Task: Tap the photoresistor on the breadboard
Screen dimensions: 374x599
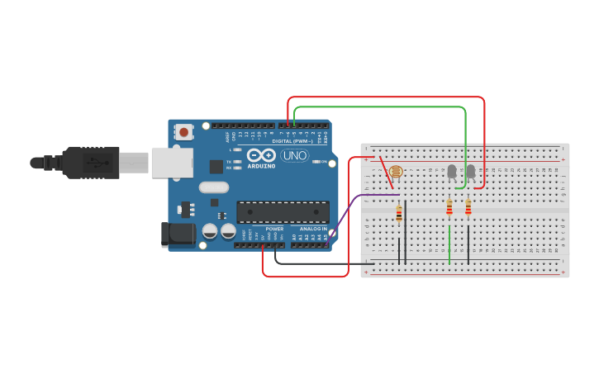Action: click(395, 172)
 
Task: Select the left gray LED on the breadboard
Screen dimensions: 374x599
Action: click(451, 171)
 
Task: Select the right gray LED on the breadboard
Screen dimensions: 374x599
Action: click(470, 171)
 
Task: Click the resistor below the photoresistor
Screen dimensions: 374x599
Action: click(399, 214)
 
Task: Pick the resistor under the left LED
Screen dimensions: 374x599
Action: click(449, 207)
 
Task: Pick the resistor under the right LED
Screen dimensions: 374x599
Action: click(468, 207)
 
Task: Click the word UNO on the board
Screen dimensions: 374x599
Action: click(294, 155)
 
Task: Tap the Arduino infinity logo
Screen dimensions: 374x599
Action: click(259, 155)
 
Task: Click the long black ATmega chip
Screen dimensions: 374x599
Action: click(283, 212)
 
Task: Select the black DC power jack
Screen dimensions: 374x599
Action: click(178, 234)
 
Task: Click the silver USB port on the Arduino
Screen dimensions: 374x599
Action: click(171, 162)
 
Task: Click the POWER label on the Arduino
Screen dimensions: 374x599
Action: click(274, 229)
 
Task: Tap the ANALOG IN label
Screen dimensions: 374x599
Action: click(313, 229)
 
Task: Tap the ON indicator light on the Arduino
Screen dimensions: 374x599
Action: click(318, 162)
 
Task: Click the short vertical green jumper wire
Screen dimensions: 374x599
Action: click(449, 245)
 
